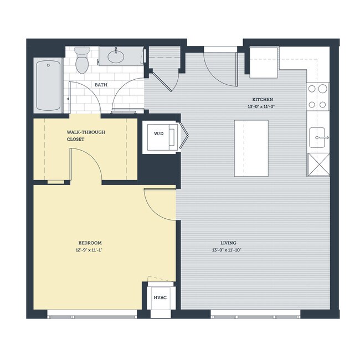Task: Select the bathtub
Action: click(x=48, y=86)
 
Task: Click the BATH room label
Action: click(x=101, y=85)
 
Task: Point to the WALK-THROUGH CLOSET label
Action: click(x=85, y=136)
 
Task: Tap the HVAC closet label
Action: click(x=160, y=297)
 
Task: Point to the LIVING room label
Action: click(x=228, y=243)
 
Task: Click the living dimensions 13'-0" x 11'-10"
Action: click(x=228, y=250)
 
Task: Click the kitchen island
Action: click(x=251, y=148)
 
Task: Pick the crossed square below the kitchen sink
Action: click(x=318, y=165)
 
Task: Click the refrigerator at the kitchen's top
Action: click(x=264, y=62)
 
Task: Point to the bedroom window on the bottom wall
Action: click(x=92, y=316)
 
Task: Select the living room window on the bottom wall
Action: click(x=255, y=316)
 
